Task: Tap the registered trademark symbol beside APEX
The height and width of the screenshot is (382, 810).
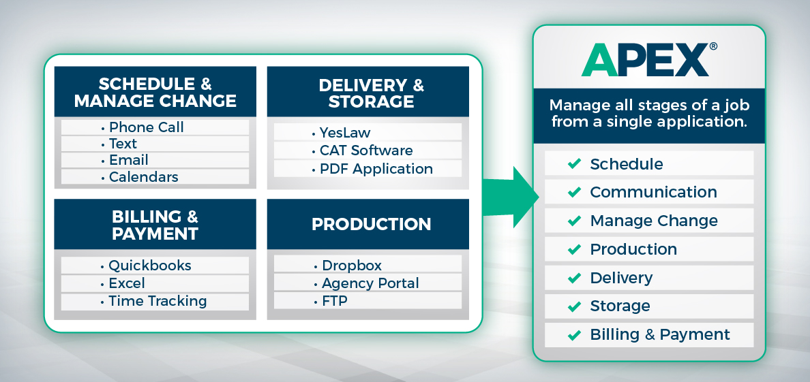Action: (x=713, y=46)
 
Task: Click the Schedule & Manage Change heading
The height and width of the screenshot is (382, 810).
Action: (x=155, y=93)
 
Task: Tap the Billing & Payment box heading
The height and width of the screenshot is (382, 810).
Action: (x=155, y=225)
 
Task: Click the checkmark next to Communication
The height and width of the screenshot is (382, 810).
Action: (x=575, y=192)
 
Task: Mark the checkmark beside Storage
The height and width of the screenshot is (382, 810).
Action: (x=575, y=306)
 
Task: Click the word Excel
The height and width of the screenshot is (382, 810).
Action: (x=127, y=283)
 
